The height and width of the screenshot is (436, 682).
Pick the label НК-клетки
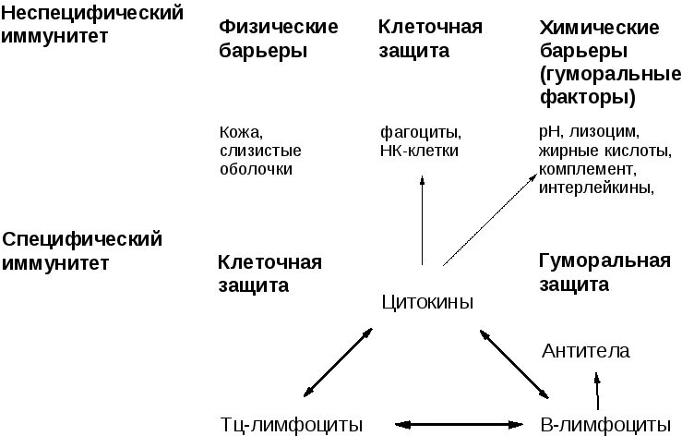[419, 151]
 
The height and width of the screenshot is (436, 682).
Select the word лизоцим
[613, 132]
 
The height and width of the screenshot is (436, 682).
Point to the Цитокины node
[426, 302]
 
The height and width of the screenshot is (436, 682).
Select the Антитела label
[586, 351]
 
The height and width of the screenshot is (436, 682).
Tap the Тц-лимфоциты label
[292, 424]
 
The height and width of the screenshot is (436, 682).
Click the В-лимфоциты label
[604, 424]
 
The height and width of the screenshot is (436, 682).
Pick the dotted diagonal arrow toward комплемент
[489, 217]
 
